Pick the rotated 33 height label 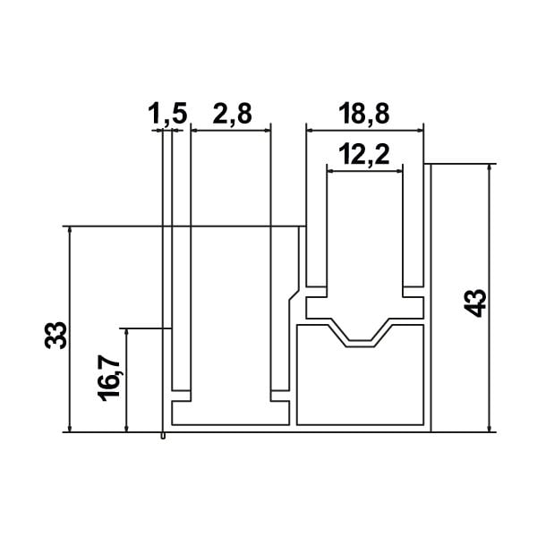[x=55, y=335]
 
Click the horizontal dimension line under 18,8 [x=364, y=131]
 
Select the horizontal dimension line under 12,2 [x=364, y=171]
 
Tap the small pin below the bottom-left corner [x=162, y=436]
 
